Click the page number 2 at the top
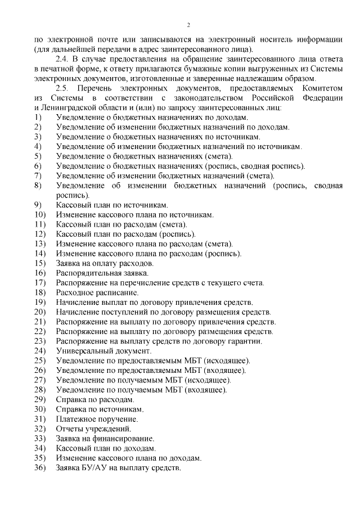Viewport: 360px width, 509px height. (x=188, y=25)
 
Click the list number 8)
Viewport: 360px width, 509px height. (x=38, y=185)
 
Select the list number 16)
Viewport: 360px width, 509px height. (x=39, y=273)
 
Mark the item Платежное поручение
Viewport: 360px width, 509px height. (x=97, y=419)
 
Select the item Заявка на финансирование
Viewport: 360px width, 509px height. (x=105, y=439)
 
